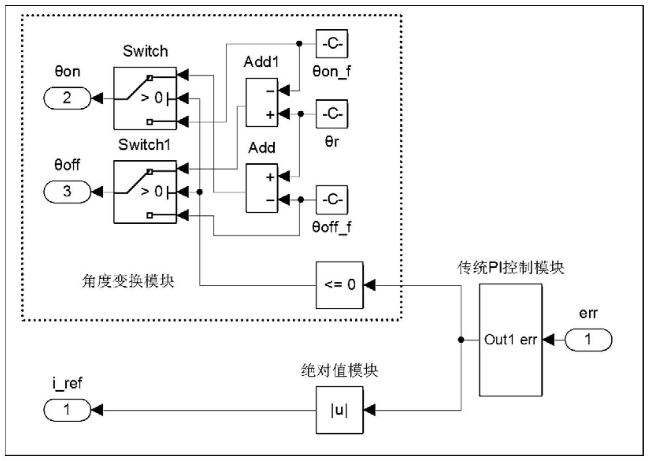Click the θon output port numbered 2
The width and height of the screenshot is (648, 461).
pyautogui.click(x=67, y=98)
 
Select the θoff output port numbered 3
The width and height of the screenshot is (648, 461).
pyautogui.click(x=67, y=192)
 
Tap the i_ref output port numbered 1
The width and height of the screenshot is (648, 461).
pyautogui.click(x=67, y=410)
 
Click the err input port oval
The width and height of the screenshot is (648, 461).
pyautogui.click(x=588, y=339)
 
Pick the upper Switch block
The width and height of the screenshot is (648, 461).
pyautogui.click(x=145, y=98)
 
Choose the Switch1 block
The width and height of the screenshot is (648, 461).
pyautogui.click(x=145, y=192)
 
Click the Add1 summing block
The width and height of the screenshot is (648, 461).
pyautogui.click(x=261, y=102)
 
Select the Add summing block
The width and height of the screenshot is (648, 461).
pyautogui.click(x=261, y=188)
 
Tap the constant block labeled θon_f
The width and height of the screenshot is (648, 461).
pyautogui.click(x=332, y=44)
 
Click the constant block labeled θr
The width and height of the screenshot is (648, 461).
pyautogui.click(x=332, y=114)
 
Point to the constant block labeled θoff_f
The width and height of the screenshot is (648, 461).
pyautogui.click(x=332, y=200)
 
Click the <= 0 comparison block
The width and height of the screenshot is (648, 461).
pyautogui.click(x=340, y=285)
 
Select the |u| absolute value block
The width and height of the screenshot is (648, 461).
pyautogui.click(x=340, y=410)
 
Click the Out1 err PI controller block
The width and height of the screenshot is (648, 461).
pyautogui.click(x=510, y=340)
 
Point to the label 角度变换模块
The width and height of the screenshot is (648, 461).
pyautogui.click(x=128, y=281)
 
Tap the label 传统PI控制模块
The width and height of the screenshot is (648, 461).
pyautogui.click(x=511, y=268)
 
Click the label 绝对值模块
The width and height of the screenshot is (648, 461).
pyautogui.click(x=339, y=371)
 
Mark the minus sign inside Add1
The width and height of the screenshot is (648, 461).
pyautogui.click(x=270, y=91)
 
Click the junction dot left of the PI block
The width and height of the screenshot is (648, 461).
pyautogui.click(x=461, y=339)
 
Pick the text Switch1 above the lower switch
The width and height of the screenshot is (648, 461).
pyautogui.click(x=144, y=145)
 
